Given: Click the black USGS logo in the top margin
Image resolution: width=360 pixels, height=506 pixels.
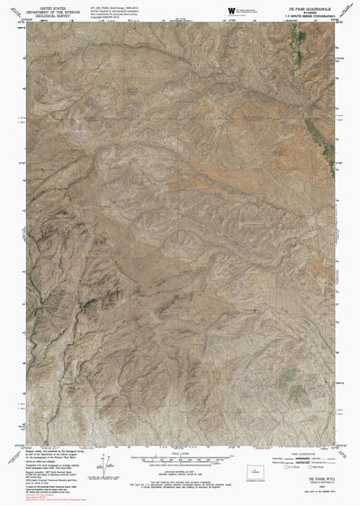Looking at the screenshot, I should click(x=231, y=9).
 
